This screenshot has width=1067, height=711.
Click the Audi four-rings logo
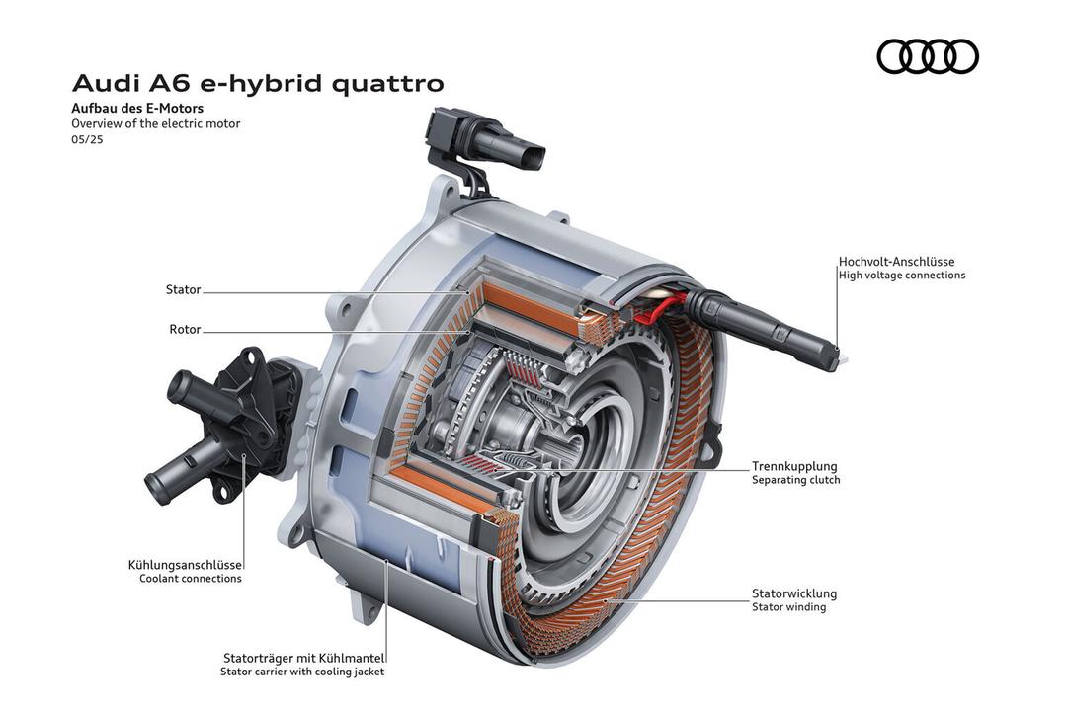[928, 56]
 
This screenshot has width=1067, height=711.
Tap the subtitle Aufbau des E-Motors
[137, 108]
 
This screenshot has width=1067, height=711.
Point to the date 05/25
[87, 140]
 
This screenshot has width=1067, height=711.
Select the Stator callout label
[183, 290]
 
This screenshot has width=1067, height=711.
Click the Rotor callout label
[185, 329]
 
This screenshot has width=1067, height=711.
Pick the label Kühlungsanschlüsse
[185, 566]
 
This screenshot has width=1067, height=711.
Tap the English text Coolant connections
[191, 579]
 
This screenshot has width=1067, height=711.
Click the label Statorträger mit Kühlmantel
[304, 658]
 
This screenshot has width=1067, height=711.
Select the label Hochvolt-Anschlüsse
[896, 262]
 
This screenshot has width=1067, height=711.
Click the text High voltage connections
[902, 275]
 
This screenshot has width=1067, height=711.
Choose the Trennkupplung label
[794, 466]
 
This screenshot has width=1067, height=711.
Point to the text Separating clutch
[795, 480]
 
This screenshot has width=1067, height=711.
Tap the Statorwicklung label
[794, 593]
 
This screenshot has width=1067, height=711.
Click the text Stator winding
[788, 607]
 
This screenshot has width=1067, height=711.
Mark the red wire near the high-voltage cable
[658, 307]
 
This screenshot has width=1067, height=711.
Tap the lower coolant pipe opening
[156, 482]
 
